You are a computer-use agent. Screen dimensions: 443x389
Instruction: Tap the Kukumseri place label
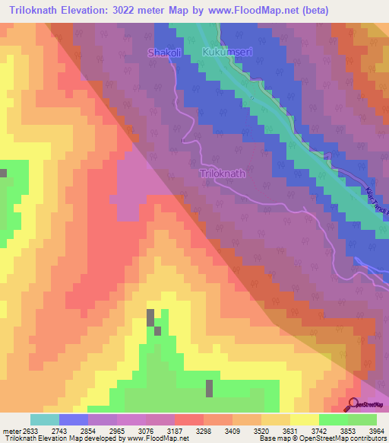[x=225, y=53]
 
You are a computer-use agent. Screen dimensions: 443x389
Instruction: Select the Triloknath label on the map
[x=223, y=174]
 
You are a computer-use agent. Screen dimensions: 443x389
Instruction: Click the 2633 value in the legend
[x=29, y=429]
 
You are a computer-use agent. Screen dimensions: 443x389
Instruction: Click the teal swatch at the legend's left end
[x=44, y=419]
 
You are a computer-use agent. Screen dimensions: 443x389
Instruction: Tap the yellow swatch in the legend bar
[x=304, y=419]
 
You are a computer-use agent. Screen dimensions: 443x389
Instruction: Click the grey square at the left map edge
[x=3, y=173]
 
